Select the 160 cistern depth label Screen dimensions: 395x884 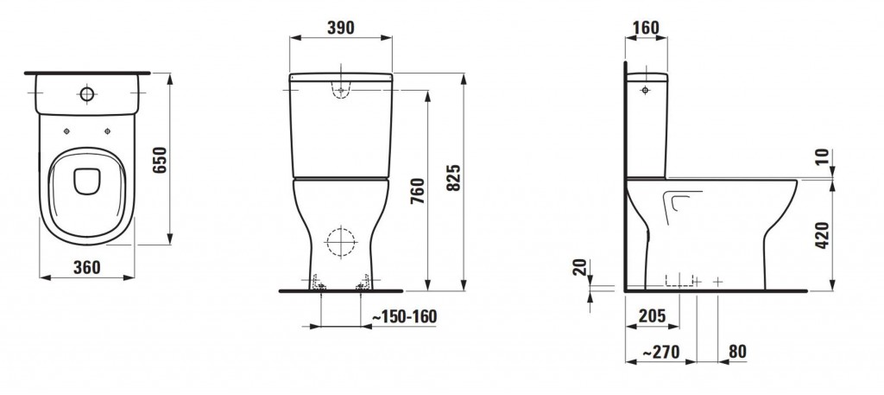[x=645, y=28]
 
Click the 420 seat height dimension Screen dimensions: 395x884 [x=823, y=234]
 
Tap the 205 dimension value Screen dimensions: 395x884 [x=651, y=316]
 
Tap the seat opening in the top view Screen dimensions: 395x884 [x=85, y=180]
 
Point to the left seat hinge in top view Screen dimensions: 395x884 [x=66, y=131]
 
